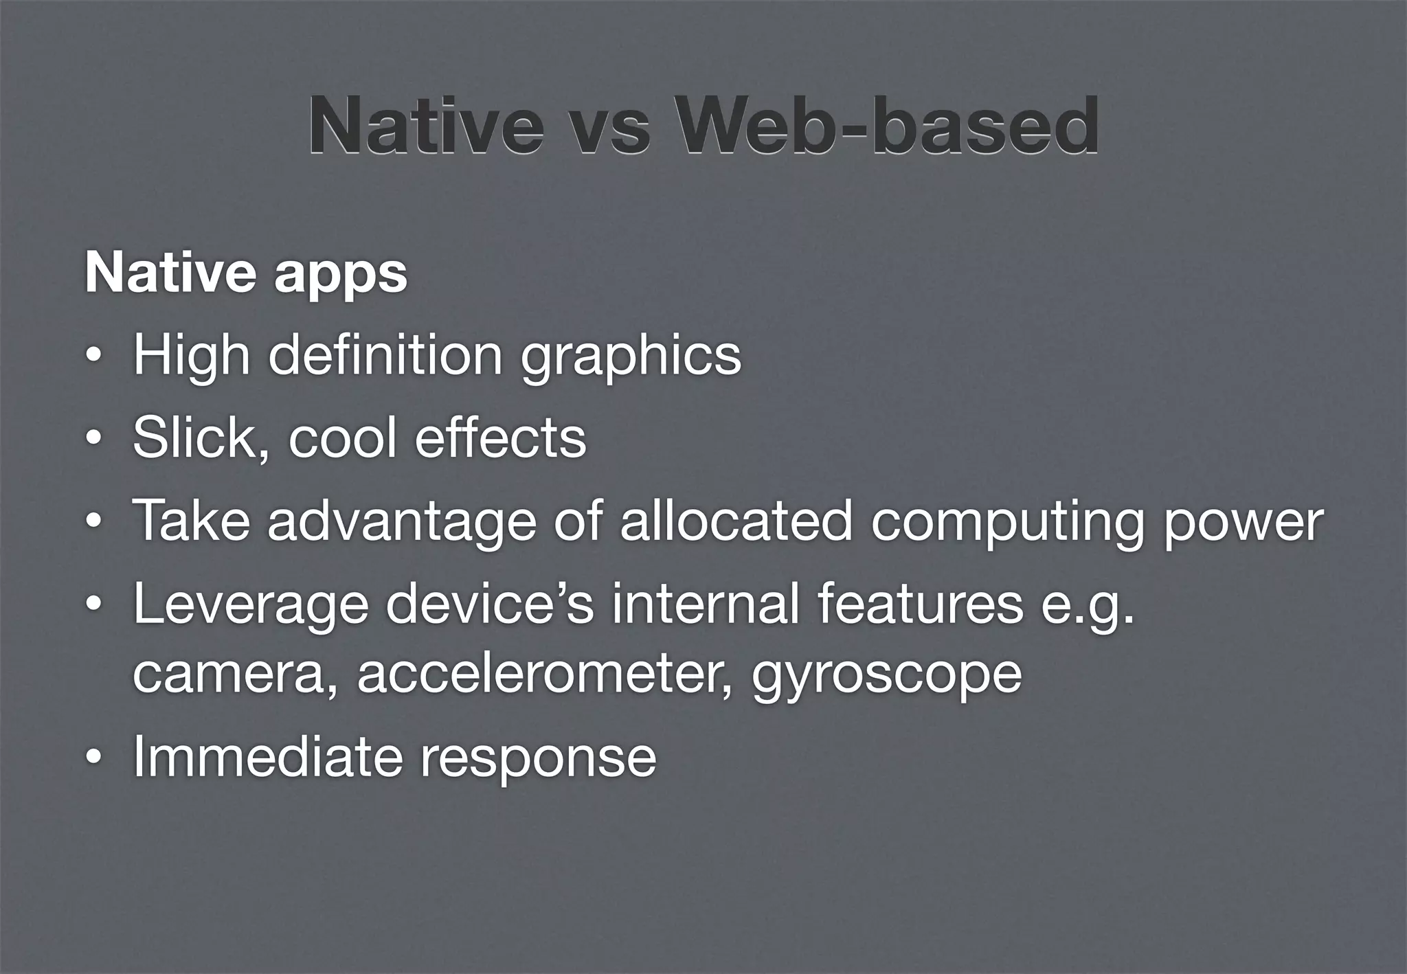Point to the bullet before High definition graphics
click(x=93, y=358)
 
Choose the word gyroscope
click(x=886, y=676)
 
